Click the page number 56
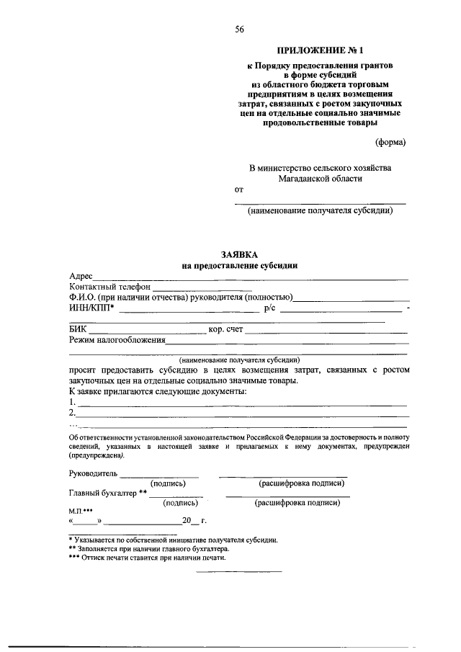click(239, 30)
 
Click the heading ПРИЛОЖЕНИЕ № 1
click(321, 50)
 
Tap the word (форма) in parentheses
click(390, 141)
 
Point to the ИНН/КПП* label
click(91, 308)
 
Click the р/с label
click(270, 308)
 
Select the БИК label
click(77, 330)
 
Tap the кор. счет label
click(225, 330)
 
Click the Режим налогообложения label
click(117, 340)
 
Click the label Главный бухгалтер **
click(108, 494)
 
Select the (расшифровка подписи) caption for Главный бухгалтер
click(296, 504)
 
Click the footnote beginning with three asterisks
click(147, 557)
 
